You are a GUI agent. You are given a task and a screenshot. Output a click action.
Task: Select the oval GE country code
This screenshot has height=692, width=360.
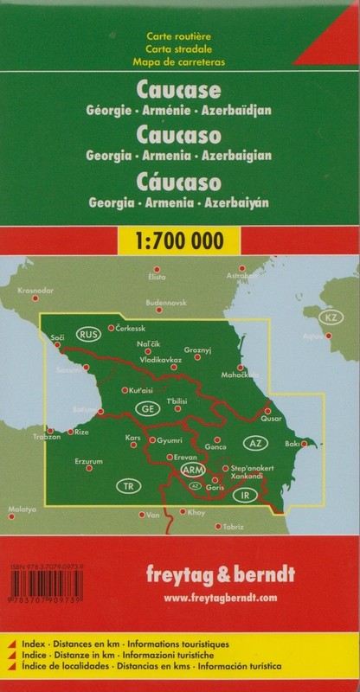click(x=148, y=407)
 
